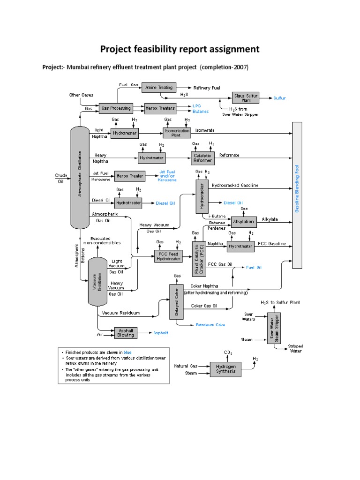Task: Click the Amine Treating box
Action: (x=158, y=87)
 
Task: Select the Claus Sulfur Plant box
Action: (x=246, y=98)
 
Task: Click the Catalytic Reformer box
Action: (x=202, y=157)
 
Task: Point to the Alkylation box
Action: (x=243, y=221)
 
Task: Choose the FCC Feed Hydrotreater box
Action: (x=168, y=256)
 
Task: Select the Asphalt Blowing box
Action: (x=125, y=332)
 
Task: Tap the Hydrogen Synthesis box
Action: (x=225, y=369)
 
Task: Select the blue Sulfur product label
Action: (x=279, y=98)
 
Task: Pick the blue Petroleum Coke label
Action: (x=211, y=324)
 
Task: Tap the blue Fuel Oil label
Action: (x=254, y=267)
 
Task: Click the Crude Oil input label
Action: (x=60, y=178)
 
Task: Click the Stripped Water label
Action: (x=295, y=348)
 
